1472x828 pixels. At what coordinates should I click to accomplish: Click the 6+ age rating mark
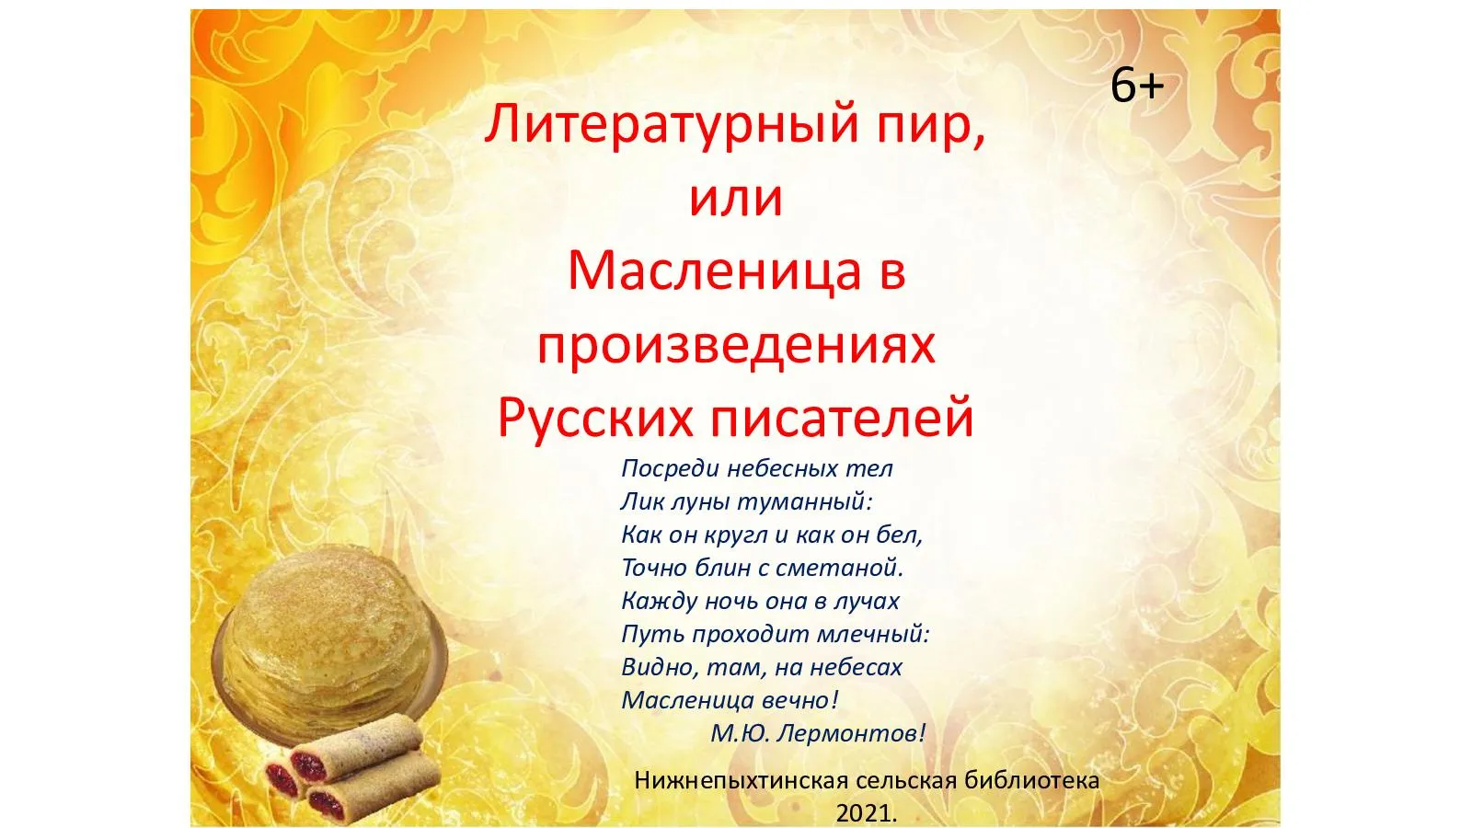click(x=1137, y=86)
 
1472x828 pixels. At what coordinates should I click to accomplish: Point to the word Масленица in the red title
click(x=714, y=271)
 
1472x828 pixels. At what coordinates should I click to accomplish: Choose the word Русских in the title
click(x=594, y=418)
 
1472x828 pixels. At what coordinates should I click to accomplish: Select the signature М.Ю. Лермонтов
click(x=818, y=734)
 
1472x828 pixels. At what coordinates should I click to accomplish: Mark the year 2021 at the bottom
click(x=866, y=814)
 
